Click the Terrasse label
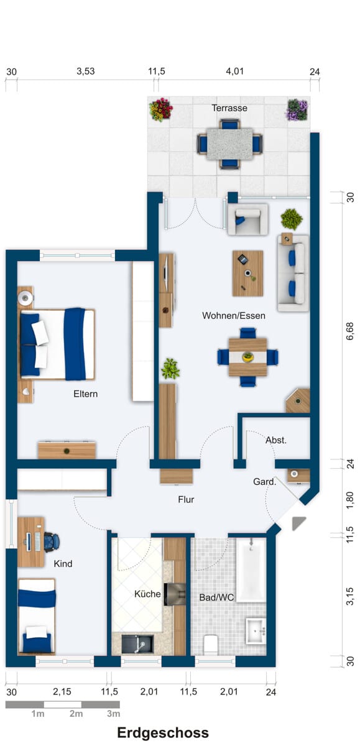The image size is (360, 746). pyautogui.click(x=229, y=108)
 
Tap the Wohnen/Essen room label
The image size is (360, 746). pyautogui.click(x=234, y=315)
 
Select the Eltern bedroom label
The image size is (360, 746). pyautogui.click(x=86, y=394)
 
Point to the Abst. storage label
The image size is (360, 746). pyautogui.click(x=276, y=440)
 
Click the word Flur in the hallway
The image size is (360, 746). pyautogui.click(x=186, y=499)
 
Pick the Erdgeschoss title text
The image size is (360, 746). pyautogui.click(x=163, y=733)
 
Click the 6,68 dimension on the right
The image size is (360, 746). pyautogui.click(x=350, y=331)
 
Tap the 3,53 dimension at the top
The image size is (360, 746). pyautogui.click(x=86, y=71)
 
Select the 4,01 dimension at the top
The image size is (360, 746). pyautogui.click(x=235, y=71)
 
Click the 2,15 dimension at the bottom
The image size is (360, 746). pyautogui.click(x=62, y=692)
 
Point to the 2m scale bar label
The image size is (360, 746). pyautogui.click(x=76, y=714)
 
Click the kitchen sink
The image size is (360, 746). pyautogui.click(x=137, y=644)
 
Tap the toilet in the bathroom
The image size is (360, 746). pyautogui.click(x=210, y=645)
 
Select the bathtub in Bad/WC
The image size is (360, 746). pyautogui.click(x=251, y=570)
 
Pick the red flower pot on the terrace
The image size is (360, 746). pyautogui.click(x=161, y=109)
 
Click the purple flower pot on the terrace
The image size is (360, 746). pyautogui.click(x=297, y=109)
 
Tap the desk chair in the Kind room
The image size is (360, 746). pyautogui.click(x=52, y=541)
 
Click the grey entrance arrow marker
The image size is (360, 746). pyautogui.click(x=298, y=523)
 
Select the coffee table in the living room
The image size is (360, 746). pyautogui.click(x=247, y=274)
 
